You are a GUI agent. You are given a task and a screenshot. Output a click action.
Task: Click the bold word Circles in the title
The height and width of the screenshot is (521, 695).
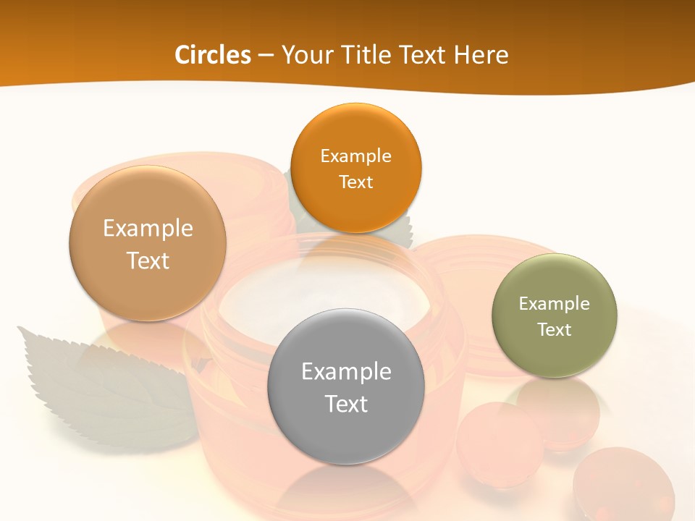[x=213, y=55]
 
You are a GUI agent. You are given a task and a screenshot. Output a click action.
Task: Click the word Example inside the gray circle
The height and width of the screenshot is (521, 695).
[x=346, y=371]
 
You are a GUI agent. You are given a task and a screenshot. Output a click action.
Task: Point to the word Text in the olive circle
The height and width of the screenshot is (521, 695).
[x=555, y=330]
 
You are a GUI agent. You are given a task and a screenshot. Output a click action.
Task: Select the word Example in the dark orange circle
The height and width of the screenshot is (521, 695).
[x=356, y=156]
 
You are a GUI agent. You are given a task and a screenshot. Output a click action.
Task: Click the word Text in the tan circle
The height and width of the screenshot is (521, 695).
[x=148, y=260]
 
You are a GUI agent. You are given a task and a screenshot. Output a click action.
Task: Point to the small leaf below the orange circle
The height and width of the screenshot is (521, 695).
[x=398, y=230]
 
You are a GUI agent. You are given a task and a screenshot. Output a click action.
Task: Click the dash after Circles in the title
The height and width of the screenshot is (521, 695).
[x=266, y=55]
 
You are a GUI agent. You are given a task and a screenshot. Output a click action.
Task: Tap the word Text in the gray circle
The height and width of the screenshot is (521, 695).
[x=346, y=404]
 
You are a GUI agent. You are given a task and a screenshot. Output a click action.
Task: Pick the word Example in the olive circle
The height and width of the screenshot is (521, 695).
[x=555, y=304]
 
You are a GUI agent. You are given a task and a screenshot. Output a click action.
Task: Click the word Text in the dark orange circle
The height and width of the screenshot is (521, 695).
[x=356, y=182]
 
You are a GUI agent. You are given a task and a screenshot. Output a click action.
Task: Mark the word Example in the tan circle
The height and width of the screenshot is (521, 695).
[x=148, y=228]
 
